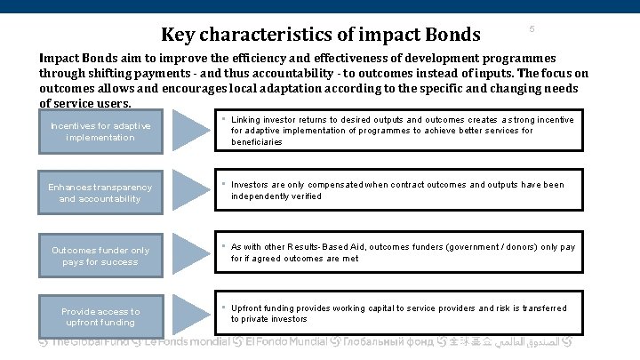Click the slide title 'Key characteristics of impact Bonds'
pos(320,35)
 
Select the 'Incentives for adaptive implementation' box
pos(100,132)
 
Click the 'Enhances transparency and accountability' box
pos(100,193)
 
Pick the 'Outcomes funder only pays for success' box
pos(100,256)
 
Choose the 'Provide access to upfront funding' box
pos(100,316)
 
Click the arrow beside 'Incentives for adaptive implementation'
pos(191,131)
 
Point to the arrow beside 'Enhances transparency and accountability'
pos(191,191)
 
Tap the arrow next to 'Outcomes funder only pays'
pos(191,252)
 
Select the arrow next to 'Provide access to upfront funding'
pos(191,314)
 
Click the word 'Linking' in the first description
pos(246,120)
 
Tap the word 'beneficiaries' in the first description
pos(257,142)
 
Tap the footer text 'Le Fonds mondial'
pos(188,341)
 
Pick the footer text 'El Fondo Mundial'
pos(285,341)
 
